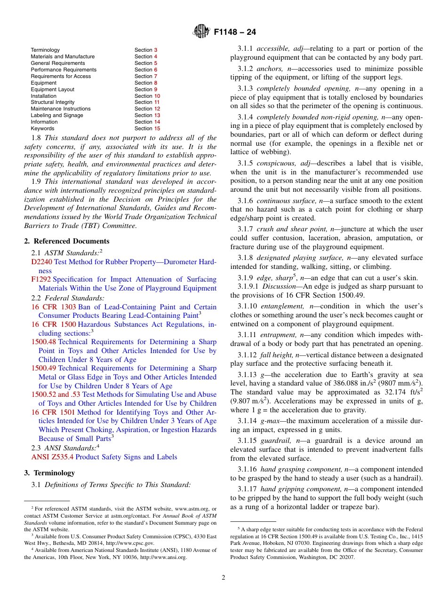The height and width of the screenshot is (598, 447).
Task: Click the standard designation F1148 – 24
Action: (x=235, y=32)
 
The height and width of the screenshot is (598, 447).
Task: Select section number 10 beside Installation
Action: (x=157, y=96)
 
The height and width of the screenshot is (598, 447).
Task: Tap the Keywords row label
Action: (x=42, y=128)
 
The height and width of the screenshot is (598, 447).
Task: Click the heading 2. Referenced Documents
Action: (x=60, y=241)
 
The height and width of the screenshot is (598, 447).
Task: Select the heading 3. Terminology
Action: (x=49, y=473)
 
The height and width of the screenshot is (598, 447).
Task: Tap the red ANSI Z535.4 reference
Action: (x=52, y=457)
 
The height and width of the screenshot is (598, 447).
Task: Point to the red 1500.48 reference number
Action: (x=43, y=342)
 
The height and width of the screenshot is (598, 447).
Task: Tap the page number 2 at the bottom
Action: (x=223, y=578)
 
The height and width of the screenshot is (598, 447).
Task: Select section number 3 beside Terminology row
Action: (x=156, y=50)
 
